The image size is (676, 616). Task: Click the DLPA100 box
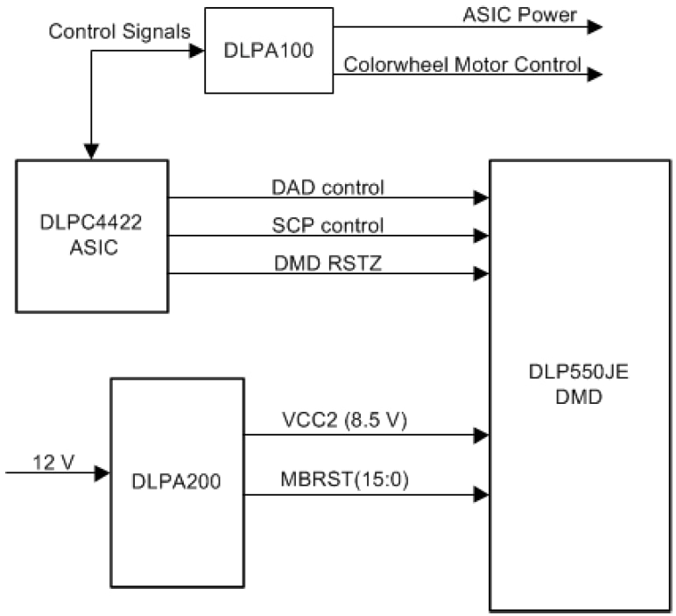point(269,50)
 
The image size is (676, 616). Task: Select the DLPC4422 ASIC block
point(91,235)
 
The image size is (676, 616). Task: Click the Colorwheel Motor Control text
point(462,64)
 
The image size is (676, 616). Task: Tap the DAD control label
point(327,187)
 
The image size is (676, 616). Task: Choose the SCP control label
point(327,225)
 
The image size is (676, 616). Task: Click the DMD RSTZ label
point(327,262)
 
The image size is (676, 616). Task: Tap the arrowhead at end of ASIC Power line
point(595,26)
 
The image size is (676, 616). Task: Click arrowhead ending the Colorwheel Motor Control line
point(595,74)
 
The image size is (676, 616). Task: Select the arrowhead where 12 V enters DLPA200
point(102,473)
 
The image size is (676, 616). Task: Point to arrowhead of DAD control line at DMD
point(481,198)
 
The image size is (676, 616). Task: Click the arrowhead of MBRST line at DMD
point(481,495)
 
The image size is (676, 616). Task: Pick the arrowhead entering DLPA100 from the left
point(197,50)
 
